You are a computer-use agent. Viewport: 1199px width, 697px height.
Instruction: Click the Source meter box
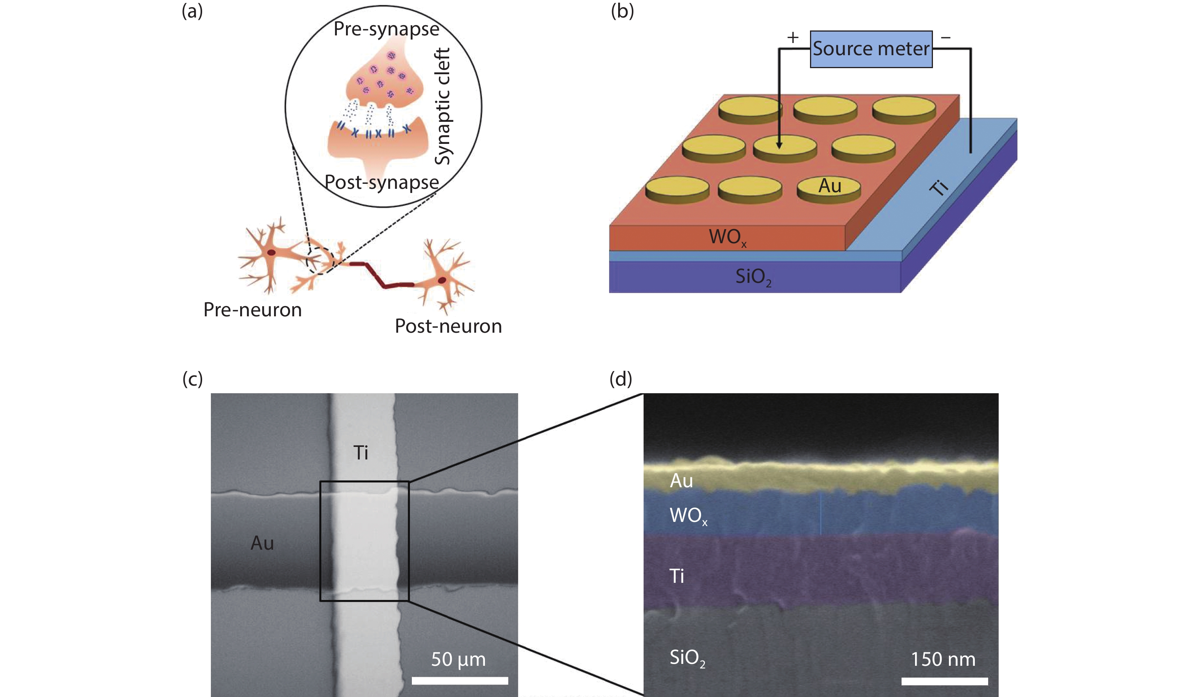[871, 49]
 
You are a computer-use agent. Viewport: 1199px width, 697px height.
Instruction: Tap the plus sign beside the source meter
[792, 37]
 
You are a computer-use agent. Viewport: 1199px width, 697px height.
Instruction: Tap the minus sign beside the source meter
[946, 37]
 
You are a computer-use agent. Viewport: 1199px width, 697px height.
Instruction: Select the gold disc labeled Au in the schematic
[829, 189]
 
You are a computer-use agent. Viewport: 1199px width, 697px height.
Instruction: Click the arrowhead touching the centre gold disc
[779, 144]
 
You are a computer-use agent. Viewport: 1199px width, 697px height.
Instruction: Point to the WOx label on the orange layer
[727, 237]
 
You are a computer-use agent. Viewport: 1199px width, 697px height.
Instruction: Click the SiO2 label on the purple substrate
[753, 278]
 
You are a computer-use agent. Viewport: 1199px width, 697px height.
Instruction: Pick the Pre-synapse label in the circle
[386, 29]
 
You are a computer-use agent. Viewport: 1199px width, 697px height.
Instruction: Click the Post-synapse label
[381, 183]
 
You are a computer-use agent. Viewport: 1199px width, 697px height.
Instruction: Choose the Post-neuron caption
[448, 326]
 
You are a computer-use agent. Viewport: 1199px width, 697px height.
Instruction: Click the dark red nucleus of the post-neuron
[442, 280]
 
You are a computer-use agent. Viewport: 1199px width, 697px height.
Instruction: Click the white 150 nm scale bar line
[944, 681]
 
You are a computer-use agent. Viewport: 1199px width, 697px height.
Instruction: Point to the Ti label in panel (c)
[361, 453]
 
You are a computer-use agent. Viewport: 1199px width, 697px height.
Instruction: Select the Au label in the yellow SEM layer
[681, 481]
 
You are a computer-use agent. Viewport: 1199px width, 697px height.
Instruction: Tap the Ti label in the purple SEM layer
[677, 576]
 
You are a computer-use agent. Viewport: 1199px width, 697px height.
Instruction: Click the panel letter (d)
[621, 379]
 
